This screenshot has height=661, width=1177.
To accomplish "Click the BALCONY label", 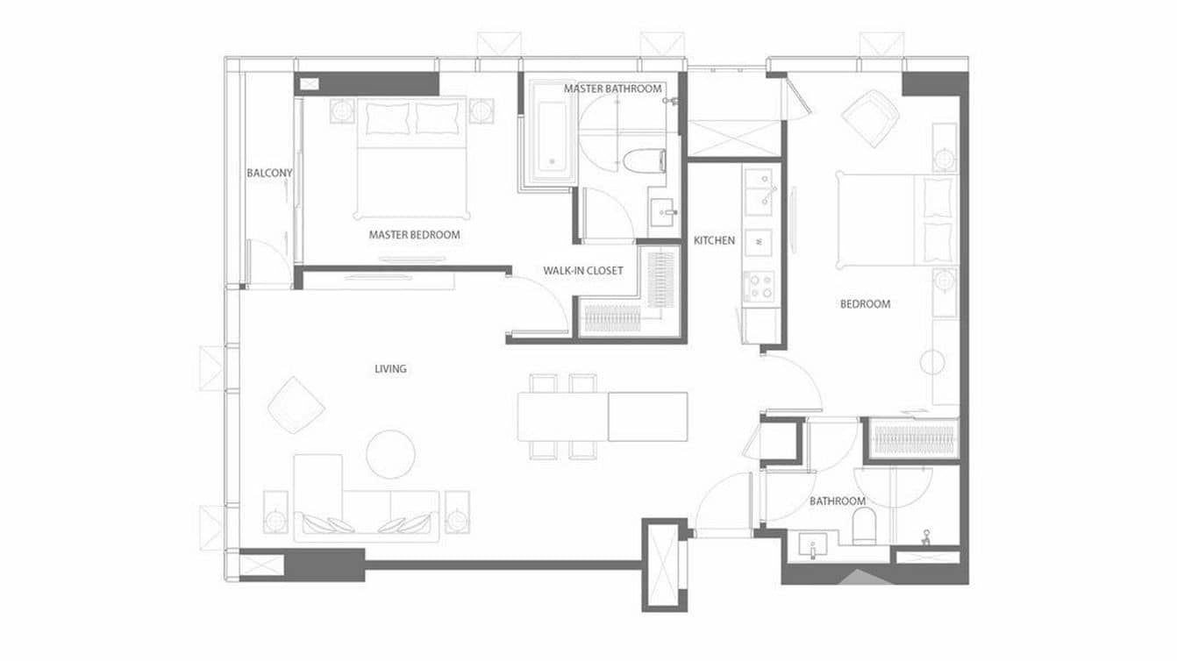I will pyautogui.click(x=269, y=173).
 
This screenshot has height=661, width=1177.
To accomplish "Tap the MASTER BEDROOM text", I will pyautogui.click(x=414, y=235).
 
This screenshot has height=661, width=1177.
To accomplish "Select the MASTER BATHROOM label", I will pyautogui.click(x=612, y=89).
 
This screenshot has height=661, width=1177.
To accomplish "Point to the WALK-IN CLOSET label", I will pyautogui.click(x=582, y=270).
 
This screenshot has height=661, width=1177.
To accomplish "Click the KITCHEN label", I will pyautogui.click(x=714, y=240).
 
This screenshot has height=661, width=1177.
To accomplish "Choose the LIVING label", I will pyautogui.click(x=390, y=369).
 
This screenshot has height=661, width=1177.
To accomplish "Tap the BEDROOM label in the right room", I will pyautogui.click(x=865, y=304).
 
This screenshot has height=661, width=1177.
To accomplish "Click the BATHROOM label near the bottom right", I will pyautogui.click(x=837, y=501).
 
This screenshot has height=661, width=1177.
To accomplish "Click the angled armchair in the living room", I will pyautogui.click(x=296, y=405).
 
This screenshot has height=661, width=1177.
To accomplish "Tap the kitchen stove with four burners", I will pyautogui.click(x=760, y=285).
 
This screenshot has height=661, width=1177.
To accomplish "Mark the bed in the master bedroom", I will pyautogui.click(x=412, y=160).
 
